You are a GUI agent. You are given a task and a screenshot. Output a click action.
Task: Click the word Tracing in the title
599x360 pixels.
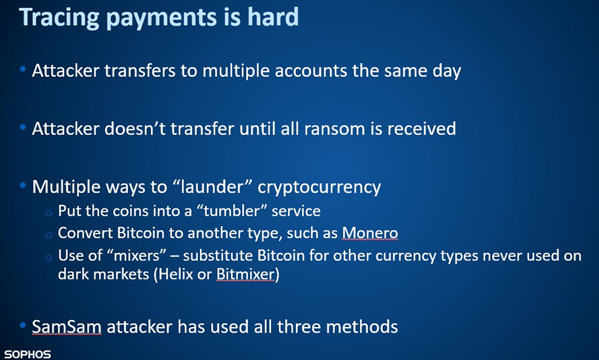coord(59,17)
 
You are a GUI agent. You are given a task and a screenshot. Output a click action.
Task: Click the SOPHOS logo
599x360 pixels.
coord(27,354)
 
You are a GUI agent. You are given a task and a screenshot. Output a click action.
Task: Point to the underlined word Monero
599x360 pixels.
coord(370,232)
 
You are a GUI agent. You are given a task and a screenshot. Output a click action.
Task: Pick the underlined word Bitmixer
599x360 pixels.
coord(245,274)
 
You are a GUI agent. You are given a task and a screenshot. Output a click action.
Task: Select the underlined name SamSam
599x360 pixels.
coord(66,327)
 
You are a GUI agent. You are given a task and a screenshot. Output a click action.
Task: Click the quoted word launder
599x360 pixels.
coord(212,186)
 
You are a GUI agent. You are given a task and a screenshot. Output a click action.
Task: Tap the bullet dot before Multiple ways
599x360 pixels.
coord(23,186)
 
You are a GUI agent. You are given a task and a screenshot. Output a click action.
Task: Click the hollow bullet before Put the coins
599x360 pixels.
coord(48,213)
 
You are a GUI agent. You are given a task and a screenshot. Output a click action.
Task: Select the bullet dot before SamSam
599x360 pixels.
coord(23,325)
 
